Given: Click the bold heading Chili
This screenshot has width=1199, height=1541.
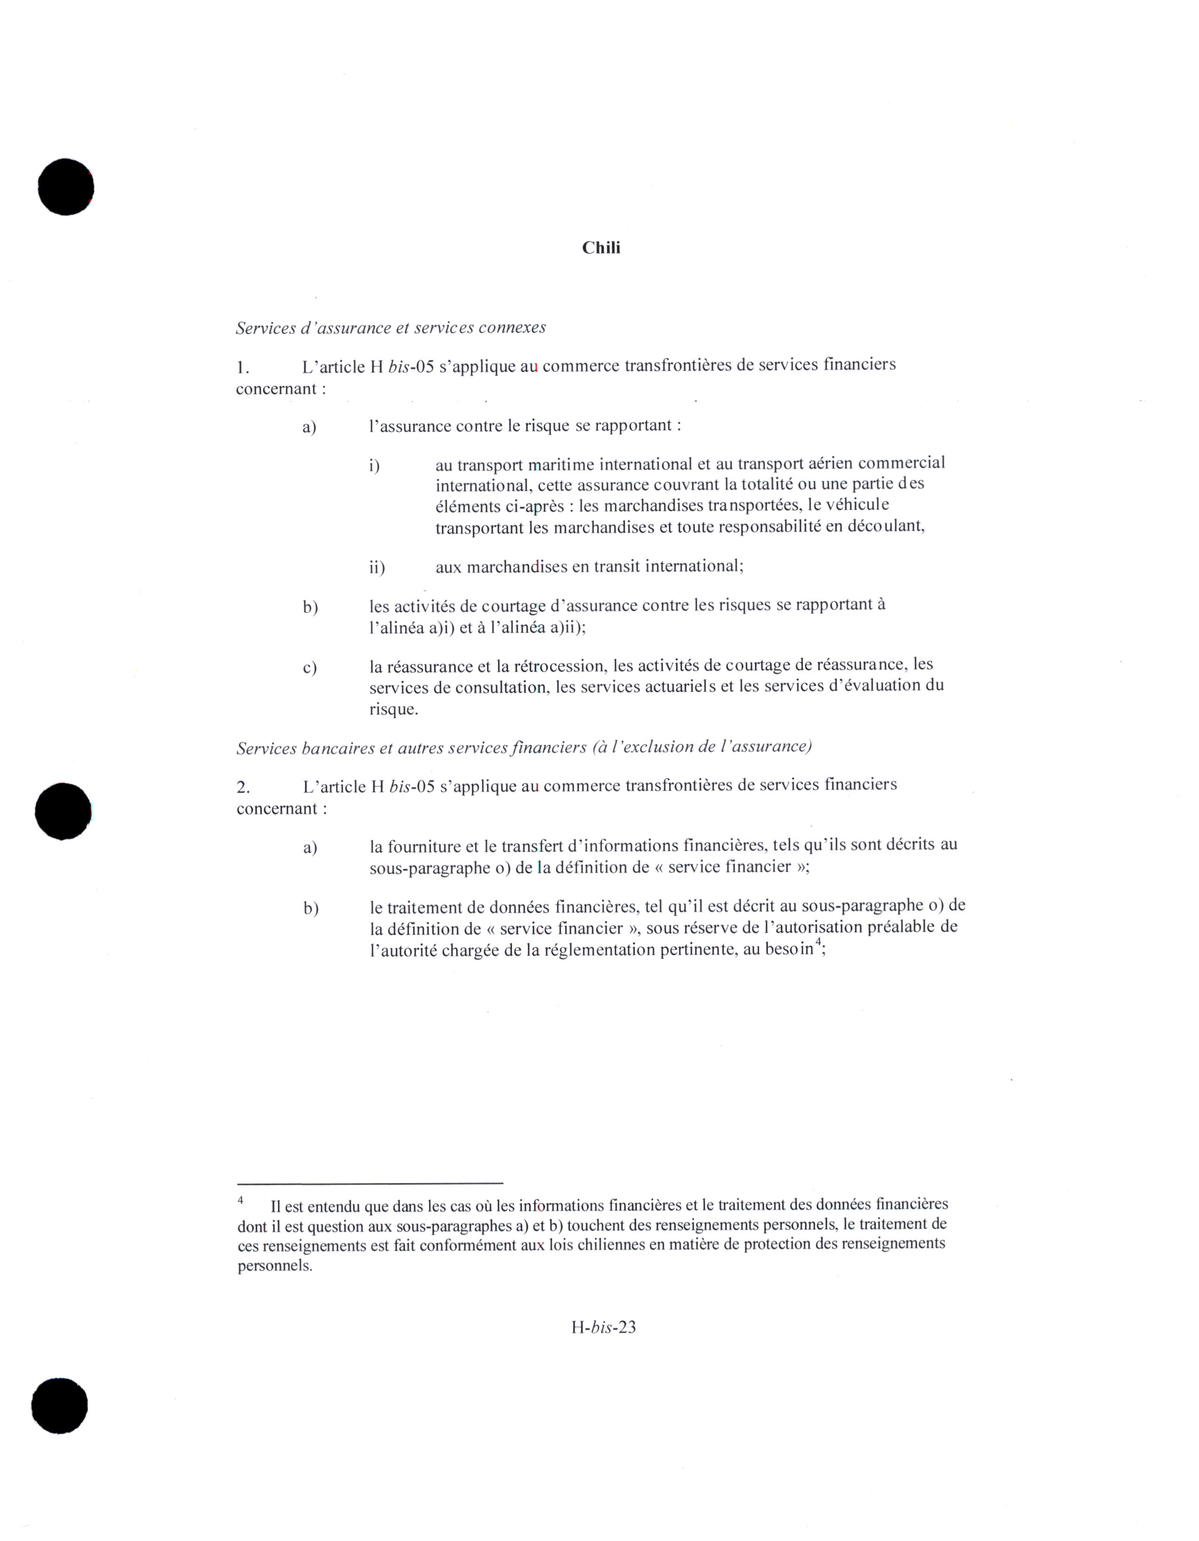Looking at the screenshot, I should tap(600, 248).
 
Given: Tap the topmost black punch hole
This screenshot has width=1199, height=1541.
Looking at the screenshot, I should tap(66, 187).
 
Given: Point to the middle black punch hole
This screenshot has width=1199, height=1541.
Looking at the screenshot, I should tap(63, 811).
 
